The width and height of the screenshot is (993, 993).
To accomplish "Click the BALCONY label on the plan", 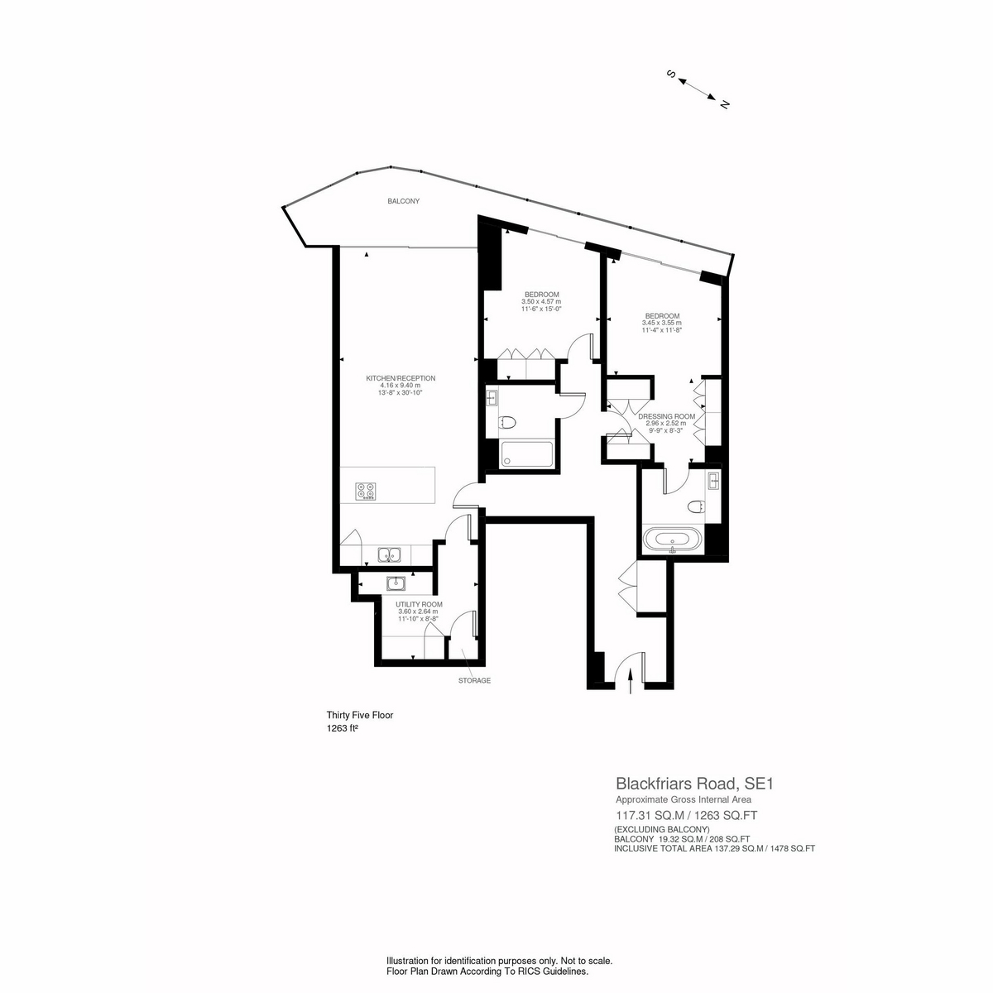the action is [x=403, y=201].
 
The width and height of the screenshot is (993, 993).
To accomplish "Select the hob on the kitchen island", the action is [x=365, y=490].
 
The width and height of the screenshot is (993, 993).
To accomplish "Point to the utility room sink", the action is [x=396, y=583].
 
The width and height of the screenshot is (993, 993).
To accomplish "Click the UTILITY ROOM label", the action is [x=419, y=604].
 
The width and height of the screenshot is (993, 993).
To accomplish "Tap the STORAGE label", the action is [x=474, y=681].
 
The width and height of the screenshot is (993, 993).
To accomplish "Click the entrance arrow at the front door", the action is [x=631, y=682].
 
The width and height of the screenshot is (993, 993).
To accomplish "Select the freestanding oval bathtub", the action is [x=672, y=540].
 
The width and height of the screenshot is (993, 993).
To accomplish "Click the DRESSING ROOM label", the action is [x=666, y=416].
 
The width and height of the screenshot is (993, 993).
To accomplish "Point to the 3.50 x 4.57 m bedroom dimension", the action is [x=541, y=301].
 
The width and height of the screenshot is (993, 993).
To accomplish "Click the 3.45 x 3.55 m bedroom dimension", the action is [x=662, y=323].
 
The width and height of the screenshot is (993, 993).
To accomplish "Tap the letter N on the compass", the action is [x=725, y=104].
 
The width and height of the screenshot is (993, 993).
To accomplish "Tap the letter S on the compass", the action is [x=671, y=74].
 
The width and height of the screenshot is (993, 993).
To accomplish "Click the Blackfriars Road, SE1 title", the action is [x=694, y=784].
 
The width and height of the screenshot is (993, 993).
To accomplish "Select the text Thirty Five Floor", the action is [x=360, y=715].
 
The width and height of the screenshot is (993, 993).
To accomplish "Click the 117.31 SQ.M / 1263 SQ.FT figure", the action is [x=686, y=815].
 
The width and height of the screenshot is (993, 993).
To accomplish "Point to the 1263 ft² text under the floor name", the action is [x=342, y=728].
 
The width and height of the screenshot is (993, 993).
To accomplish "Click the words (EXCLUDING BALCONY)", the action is [x=662, y=829].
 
